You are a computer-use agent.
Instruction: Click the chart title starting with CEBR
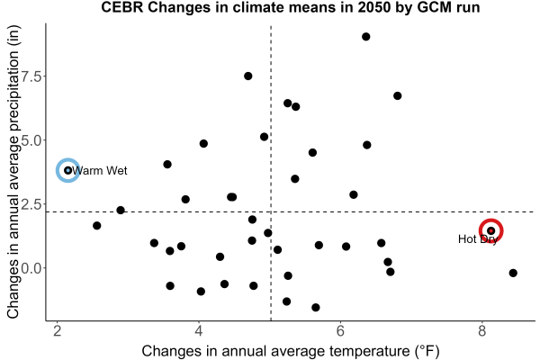pyautogui.click(x=291, y=7)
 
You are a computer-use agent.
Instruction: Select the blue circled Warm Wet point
pyautogui.click(x=67, y=170)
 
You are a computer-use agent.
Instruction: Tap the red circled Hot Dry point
pyautogui.click(x=491, y=230)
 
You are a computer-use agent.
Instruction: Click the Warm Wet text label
pyautogui.click(x=100, y=170)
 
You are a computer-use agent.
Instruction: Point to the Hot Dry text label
pyautogui.click(x=478, y=239)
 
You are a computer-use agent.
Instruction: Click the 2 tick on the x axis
pyautogui.click(x=58, y=331)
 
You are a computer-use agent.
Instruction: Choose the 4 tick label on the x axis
pyautogui.click(x=199, y=331)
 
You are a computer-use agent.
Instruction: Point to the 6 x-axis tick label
pyautogui.click(x=340, y=331)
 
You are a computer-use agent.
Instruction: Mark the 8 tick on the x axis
pyautogui.click(x=481, y=331)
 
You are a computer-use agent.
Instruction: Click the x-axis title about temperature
pyautogui.click(x=291, y=351)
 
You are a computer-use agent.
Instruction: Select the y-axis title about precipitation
pyautogui.click(x=13, y=172)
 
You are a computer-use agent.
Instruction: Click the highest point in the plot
pyautogui.click(x=366, y=37)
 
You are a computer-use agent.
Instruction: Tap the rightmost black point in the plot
pyautogui.click(x=513, y=273)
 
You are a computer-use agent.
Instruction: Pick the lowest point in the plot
pyautogui.click(x=316, y=307)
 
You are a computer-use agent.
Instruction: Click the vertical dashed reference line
pyautogui.click(x=271, y=173)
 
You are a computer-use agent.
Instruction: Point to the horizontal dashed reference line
pyautogui.click(x=291, y=211)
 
